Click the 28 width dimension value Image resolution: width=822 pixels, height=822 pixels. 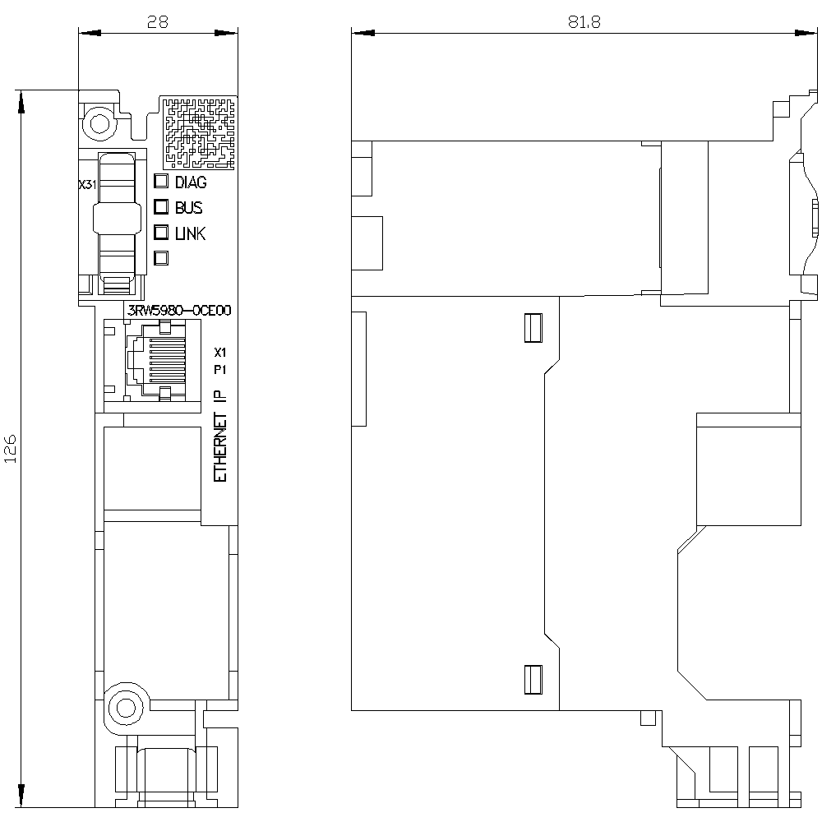(157, 21)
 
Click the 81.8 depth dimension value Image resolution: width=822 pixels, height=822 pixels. (584, 21)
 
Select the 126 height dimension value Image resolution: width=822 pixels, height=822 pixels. (11, 448)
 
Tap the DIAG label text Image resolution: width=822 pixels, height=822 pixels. (191, 182)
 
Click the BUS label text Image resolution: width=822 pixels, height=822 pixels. (189, 208)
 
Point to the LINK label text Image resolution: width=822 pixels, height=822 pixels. (191, 233)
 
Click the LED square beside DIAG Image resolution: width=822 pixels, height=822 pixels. (161, 181)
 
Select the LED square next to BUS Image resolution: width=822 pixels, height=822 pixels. (161, 206)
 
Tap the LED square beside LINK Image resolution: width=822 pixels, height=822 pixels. (161, 233)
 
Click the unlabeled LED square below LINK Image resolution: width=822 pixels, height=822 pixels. (161, 258)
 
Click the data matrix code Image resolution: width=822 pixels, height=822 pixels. (197, 132)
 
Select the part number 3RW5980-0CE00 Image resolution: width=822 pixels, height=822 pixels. (179, 311)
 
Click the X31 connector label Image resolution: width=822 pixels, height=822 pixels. (88, 184)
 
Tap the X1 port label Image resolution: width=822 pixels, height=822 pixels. (220, 353)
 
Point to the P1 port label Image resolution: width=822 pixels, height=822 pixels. (220, 370)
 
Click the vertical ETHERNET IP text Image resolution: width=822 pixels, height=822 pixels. (220, 436)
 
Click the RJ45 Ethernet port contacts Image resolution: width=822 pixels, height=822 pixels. (167, 360)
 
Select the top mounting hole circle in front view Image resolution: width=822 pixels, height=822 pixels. (99, 124)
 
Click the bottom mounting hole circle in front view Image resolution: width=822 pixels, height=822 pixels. (125, 708)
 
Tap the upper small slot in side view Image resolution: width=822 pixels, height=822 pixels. (533, 328)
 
